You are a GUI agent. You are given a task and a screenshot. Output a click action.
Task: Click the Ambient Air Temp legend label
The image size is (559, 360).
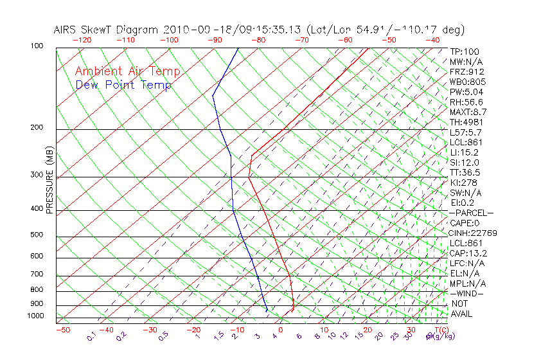(x=128, y=71)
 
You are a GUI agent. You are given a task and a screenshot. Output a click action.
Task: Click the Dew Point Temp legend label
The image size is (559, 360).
(x=123, y=85)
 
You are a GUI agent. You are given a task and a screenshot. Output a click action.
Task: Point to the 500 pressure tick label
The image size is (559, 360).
(x=37, y=235)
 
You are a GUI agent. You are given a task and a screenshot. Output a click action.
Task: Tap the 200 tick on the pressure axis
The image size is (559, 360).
(x=37, y=128)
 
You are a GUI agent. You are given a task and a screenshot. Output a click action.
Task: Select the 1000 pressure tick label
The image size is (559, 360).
(x=36, y=316)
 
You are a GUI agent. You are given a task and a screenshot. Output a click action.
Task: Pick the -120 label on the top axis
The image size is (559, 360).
(x=82, y=40)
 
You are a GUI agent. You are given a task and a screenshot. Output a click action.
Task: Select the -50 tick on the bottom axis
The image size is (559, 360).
(x=62, y=330)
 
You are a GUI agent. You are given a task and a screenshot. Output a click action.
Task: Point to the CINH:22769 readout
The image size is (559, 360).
(x=473, y=233)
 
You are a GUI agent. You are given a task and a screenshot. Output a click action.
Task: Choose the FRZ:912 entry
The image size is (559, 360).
(x=467, y=72)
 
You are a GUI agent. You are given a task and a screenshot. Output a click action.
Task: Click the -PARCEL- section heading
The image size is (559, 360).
(x=471, y=213)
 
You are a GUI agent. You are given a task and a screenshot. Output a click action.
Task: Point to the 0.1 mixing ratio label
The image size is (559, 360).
(x=92, y=336)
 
